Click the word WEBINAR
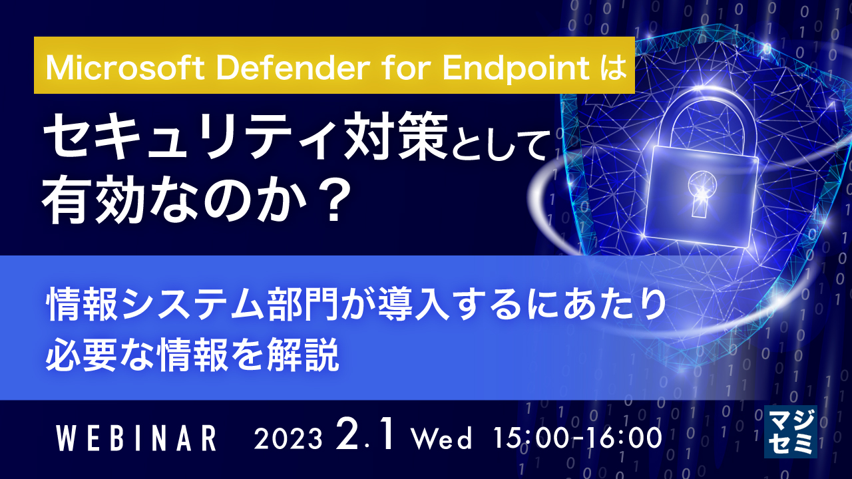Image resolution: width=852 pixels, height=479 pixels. pos(136,438)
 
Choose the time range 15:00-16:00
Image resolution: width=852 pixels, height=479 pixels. pos(577,438)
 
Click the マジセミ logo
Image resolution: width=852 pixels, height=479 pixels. pos(791,432)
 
